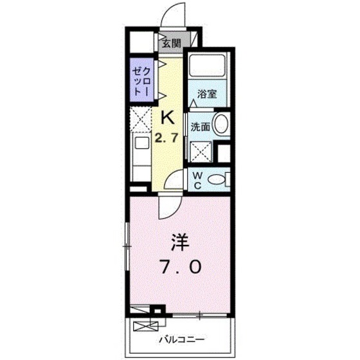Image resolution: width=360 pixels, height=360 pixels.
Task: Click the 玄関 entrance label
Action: pos(170,44)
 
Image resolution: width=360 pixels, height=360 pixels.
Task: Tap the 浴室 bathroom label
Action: pos(207,94)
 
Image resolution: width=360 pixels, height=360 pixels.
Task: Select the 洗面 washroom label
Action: pos(200,127)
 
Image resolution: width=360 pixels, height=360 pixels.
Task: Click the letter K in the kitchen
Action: pos(167,117)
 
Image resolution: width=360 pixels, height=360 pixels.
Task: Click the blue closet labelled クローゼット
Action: pos(141,81)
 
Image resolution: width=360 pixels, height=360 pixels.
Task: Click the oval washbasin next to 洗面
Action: pos(221,123)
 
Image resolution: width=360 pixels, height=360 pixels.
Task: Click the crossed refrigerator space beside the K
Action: pos(141,119)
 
